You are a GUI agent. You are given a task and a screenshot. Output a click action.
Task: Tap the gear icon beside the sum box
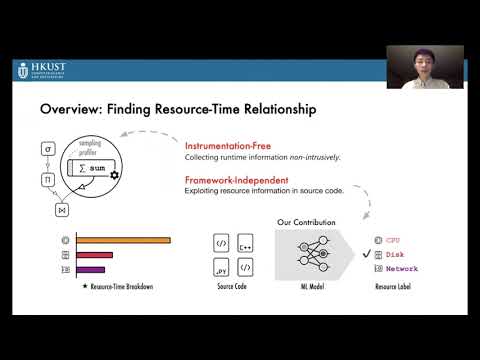115,175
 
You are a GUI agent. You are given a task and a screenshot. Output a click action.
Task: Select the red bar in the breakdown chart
94,255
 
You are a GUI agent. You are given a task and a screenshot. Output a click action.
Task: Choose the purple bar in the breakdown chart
90,270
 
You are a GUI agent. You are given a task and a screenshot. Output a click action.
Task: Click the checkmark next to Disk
368,254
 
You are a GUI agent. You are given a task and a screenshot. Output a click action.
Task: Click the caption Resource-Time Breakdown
117,288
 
